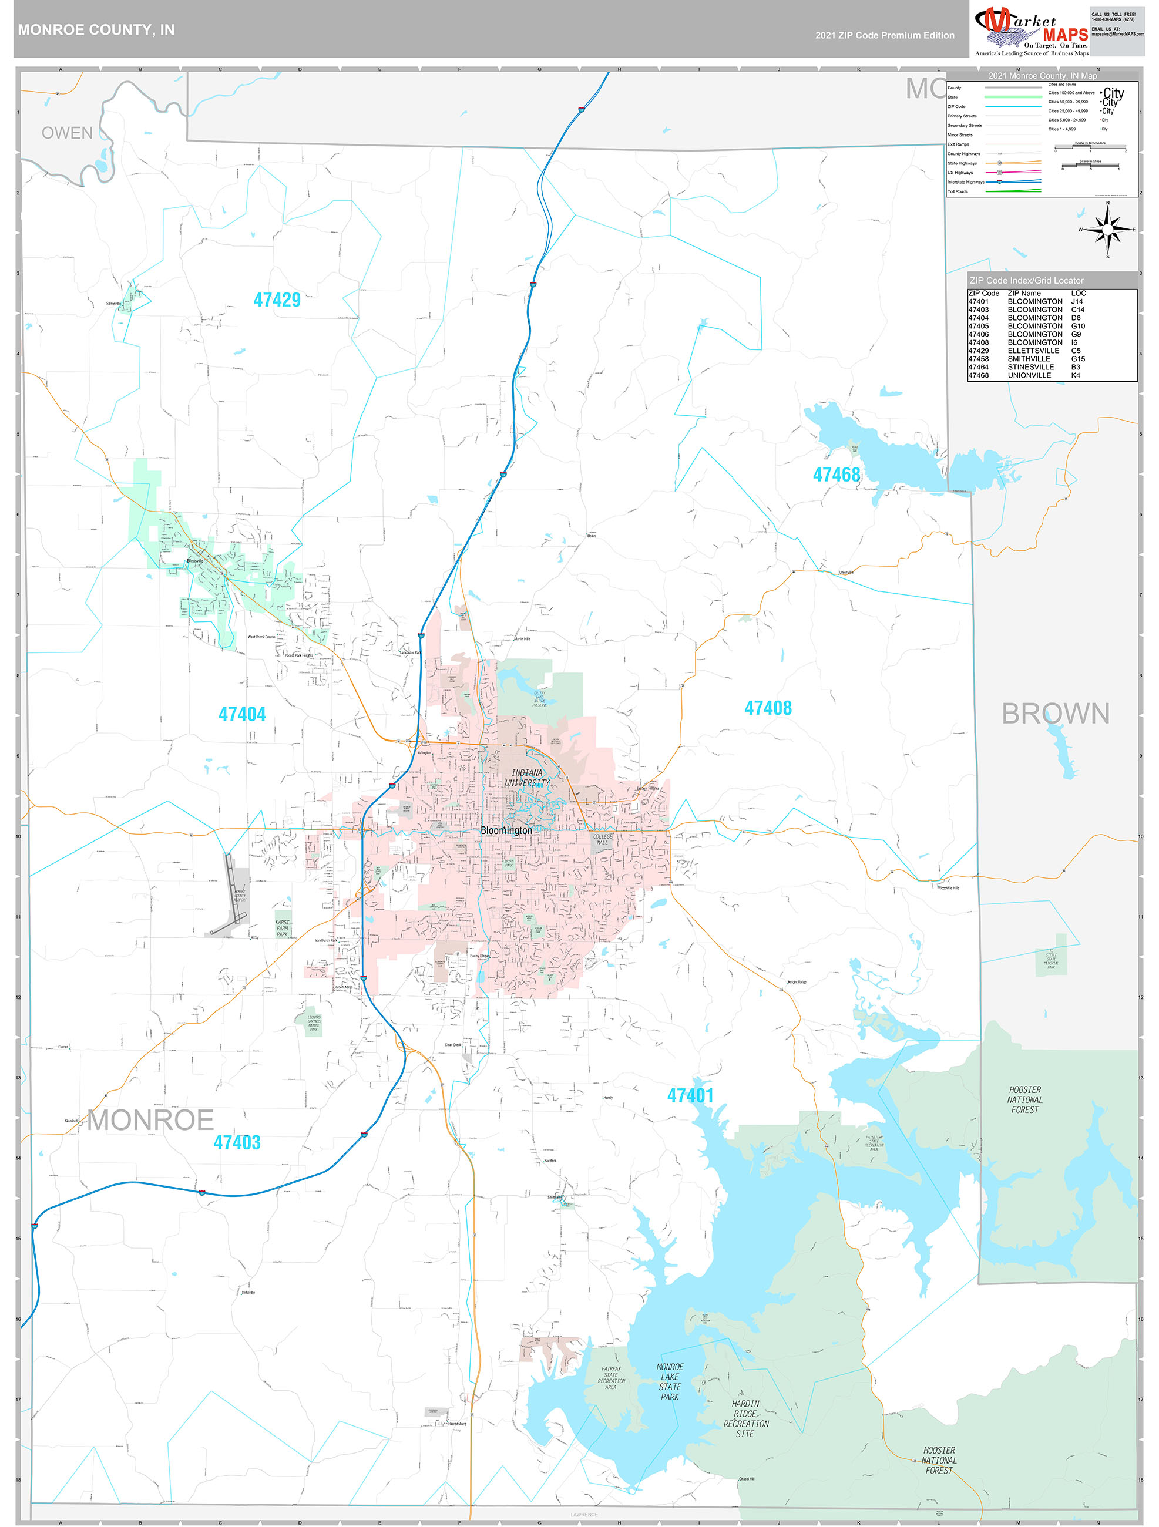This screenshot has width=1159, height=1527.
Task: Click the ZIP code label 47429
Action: pyautogui.click(x=277, y=300)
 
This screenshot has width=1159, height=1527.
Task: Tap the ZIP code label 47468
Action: pyautogui.click(x=837, y=475)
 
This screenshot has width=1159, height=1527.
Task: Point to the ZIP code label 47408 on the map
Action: pyautogui.click(x=768, y=708)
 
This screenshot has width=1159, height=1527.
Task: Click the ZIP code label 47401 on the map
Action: pyautogui.click(x=690, y=1095)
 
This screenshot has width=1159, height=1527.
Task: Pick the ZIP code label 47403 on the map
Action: pyautogui.click(x=237, y=1142)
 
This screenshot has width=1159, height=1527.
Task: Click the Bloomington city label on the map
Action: pyautogui.click(x=506, y=830)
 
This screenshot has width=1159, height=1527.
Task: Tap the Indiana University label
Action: pyautogui.click(x=528, y=778)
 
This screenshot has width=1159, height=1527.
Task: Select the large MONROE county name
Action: pyautogui.click(x=150, y=1121)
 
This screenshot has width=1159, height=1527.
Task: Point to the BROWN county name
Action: pyautogui.click(x=1055, y=714)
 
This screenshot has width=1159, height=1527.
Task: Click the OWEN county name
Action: pyautogui.click(x=67, y=133)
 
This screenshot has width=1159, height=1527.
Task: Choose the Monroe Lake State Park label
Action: pyautogui.click(x=670, y=1382)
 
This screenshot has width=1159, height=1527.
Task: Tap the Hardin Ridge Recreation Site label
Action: pyautogui.click(x=745, y=1418)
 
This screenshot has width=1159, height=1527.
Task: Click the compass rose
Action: pyautogui.click(x=1107, y=230)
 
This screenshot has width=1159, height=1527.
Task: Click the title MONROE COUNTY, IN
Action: pyautogui.click(x=96, y=30)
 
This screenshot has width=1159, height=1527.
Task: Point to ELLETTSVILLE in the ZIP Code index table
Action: pyautogui.click(x=1034, y=351)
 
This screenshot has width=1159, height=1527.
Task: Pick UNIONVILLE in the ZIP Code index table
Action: pyautogui.click(x=1029, y=375)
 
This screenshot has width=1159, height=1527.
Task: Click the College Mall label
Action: pyautogui.click(x=602, y=839)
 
